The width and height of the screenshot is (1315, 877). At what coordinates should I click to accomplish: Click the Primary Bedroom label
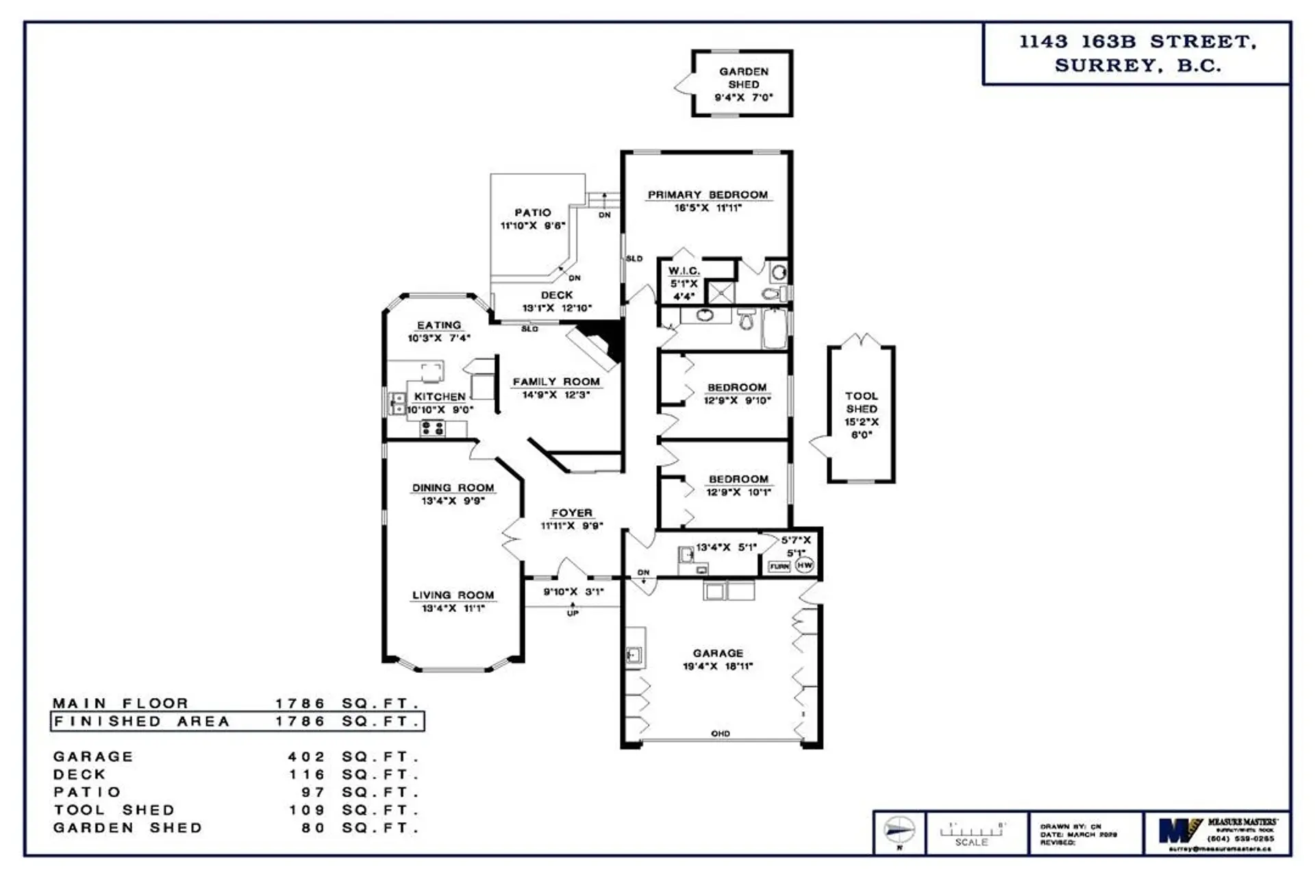(707, 195)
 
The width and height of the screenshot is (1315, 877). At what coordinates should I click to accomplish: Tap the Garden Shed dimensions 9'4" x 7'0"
(743, 98)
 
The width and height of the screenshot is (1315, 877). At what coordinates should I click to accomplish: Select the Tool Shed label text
(861, 402)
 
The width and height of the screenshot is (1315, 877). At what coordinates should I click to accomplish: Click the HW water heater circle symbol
(804, 566)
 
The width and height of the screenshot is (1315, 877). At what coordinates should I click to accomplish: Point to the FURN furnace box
(779, 567)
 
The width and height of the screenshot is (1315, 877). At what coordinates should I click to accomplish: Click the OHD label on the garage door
(720, 734)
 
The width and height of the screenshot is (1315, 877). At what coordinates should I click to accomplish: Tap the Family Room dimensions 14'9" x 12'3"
(555, 395)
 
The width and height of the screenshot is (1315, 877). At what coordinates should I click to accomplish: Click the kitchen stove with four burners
(433, 429)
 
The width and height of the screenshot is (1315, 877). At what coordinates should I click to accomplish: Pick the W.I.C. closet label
(684, 271)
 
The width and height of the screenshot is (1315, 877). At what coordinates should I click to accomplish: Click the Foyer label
(571, 513)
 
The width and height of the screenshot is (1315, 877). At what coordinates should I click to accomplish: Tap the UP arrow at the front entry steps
(573, 609)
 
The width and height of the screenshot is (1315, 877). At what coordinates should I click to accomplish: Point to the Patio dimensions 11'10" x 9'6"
(532, 225)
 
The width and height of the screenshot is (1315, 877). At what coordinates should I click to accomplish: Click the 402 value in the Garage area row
(306, 757)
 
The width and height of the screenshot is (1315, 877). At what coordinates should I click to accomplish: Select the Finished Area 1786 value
(300, 721)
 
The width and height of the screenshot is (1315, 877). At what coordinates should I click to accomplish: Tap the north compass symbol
(899, 830)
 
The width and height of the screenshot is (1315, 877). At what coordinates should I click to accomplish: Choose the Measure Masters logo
(1179, 830)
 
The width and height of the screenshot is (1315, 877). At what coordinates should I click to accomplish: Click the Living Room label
(453, 595)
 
